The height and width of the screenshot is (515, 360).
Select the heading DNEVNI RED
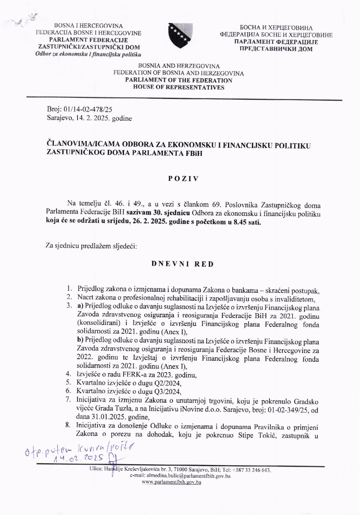point(183,264)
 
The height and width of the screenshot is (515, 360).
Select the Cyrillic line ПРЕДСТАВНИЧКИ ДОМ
point(276,49)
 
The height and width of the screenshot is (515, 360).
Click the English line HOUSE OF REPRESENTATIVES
point(179,87)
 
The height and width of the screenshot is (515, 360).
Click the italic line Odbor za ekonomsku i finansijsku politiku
point(88,54)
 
